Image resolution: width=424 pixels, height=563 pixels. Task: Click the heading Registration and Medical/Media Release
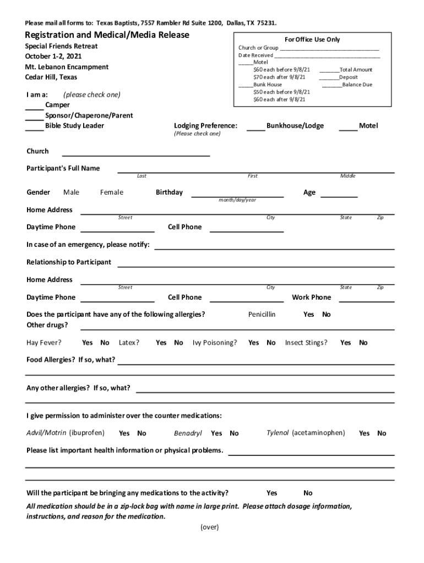[108, 35]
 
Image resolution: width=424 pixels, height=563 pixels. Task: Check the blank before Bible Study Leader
[35, 127]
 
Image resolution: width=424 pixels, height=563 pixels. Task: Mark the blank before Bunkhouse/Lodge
[256, 127]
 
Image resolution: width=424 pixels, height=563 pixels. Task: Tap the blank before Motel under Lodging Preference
[348, 127]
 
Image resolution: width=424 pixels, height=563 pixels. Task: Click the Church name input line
[135, 153]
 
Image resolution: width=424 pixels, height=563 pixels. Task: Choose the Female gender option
[112, 192]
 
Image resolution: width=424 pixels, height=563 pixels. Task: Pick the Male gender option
[71, 192]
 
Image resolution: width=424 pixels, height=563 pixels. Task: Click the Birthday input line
[237, 194]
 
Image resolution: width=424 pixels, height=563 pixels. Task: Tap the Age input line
[339, 194]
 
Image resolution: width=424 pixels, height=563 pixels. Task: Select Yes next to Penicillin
[309, 314]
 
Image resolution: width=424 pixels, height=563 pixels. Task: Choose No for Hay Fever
[105, 343]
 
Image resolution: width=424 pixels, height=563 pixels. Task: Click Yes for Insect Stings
[345, 343]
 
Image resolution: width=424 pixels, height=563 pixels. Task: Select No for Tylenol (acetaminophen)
[382, 433]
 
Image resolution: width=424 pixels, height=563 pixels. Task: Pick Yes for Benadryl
[216, 433]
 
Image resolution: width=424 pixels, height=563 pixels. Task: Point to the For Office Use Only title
[312, 40]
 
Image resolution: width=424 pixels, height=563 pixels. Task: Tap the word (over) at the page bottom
[210, 527]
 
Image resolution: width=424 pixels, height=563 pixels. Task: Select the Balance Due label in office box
[357, 85]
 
